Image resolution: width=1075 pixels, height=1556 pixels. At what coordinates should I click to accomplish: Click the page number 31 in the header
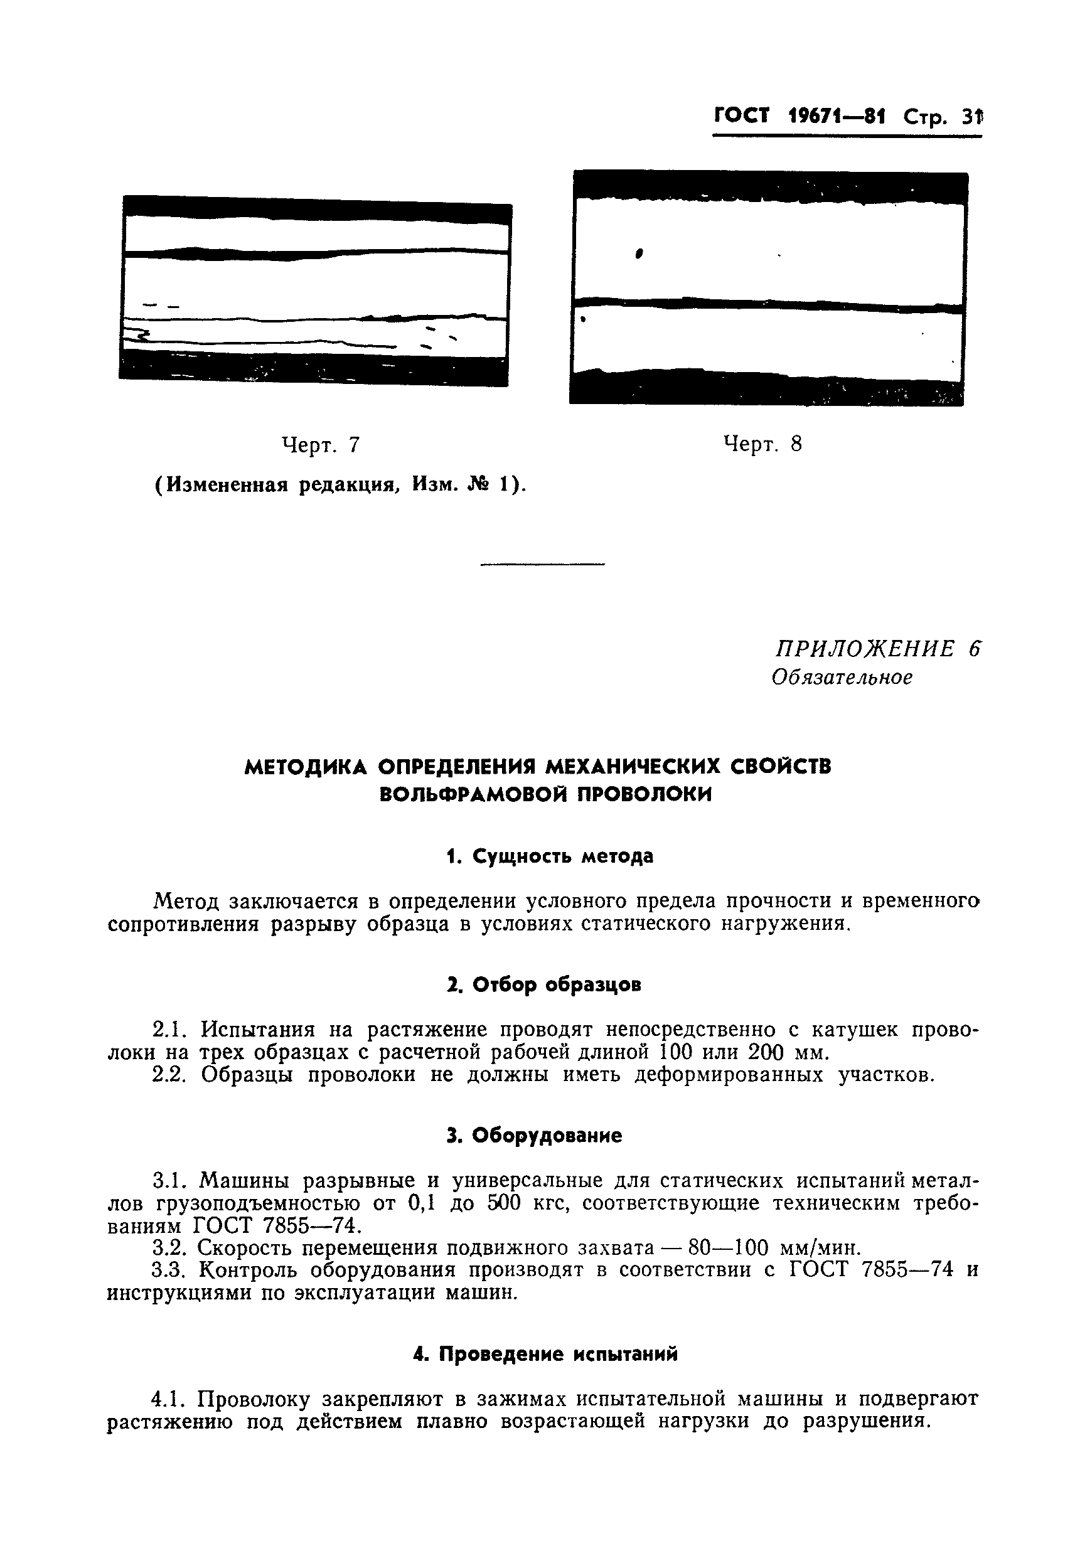[972, 118]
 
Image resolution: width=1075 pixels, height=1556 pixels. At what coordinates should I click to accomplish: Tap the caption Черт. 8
[762, 444]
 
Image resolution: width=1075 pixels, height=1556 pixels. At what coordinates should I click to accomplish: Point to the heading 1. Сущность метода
[550, 856]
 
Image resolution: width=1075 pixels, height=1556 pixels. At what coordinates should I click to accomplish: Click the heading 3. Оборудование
[534, 1136]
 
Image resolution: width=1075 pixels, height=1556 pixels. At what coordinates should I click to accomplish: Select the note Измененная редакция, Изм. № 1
[341, 484]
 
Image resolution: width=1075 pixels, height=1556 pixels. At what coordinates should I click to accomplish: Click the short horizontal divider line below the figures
[543, 564]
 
